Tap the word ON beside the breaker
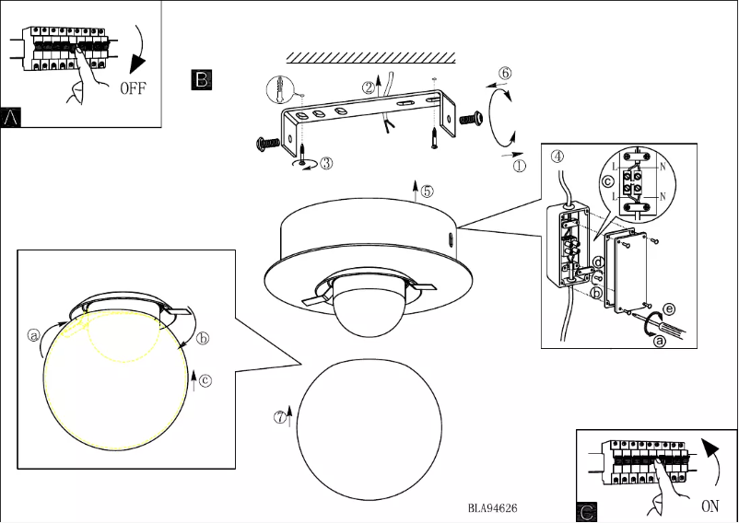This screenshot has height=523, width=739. (710, 505)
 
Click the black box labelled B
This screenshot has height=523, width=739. (202, 79)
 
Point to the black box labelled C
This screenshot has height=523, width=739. (587, 511)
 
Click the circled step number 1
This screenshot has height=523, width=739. (519, 168)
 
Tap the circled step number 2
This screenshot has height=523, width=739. (369, 88)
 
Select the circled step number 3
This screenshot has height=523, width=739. (326, 163)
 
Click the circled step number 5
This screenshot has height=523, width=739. (427, 192)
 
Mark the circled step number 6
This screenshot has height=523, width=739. (505, 73)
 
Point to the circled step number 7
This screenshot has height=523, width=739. (280, 416)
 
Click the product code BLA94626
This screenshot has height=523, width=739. (491, 506)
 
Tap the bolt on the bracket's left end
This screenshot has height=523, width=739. (268, 143)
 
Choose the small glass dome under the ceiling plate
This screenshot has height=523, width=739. (369, 313)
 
